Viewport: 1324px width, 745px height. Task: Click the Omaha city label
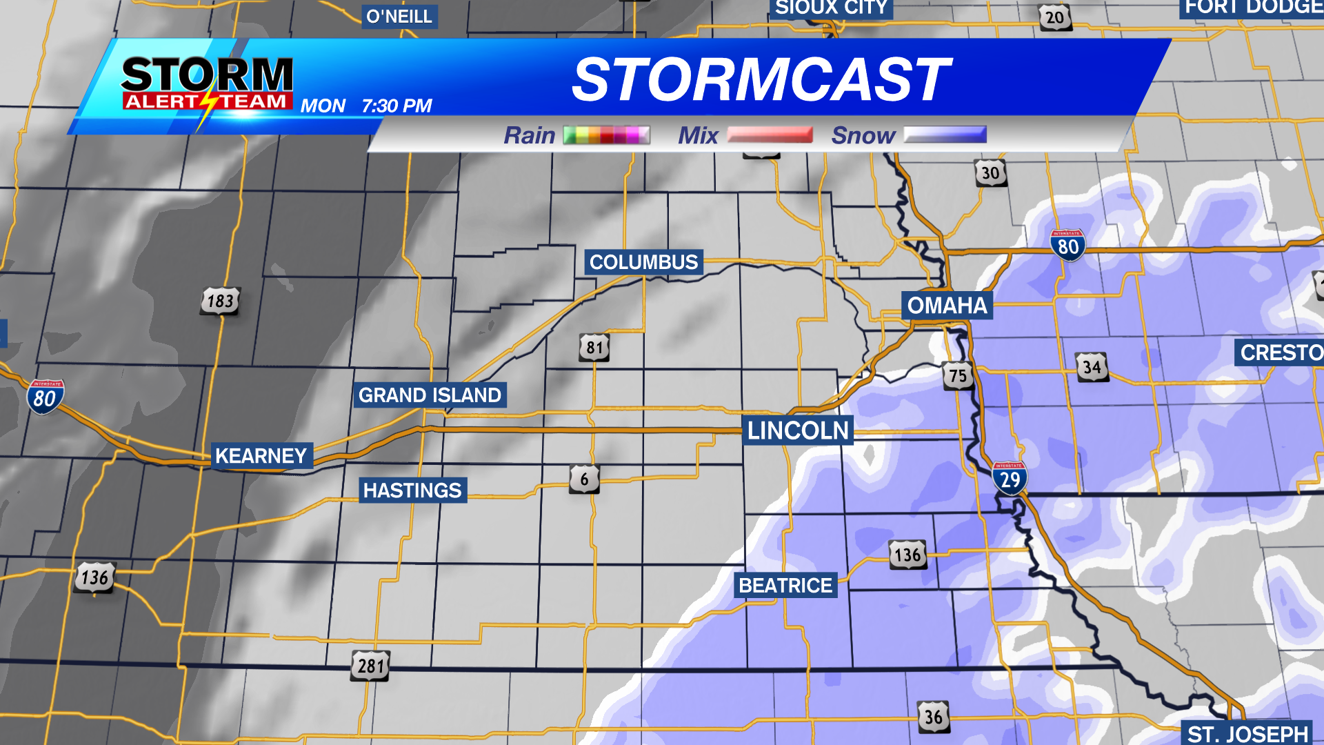click(947, 306)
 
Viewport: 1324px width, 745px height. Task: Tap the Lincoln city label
click(798, 430)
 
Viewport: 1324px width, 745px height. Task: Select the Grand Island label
click(430, 395)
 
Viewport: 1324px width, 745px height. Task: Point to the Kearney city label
click(261, 456)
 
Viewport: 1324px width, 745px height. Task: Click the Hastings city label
click(412, 490)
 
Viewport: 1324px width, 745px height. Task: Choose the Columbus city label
click(643, 262)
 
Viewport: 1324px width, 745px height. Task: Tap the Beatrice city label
click(785, 586)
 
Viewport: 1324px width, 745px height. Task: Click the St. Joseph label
click(1247, 733)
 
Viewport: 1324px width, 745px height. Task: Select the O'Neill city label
click(399, 17)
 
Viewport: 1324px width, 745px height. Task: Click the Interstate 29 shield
click(1010, 479)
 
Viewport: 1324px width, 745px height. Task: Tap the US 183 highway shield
click(221, 301)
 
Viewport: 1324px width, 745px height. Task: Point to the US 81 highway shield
click(594, 348)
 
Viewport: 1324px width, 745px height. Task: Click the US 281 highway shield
click(370, 666)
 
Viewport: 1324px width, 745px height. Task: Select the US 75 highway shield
click(958, 376)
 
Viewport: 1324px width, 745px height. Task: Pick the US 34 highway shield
click(1092, 367)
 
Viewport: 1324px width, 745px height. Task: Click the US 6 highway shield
click(584, 479)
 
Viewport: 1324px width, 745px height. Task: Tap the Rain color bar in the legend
click(606, 135)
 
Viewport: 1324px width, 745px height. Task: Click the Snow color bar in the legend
click(945, 135)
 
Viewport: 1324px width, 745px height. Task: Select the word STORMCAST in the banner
click(761, 79)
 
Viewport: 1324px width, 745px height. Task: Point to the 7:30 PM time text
click(397, 106)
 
